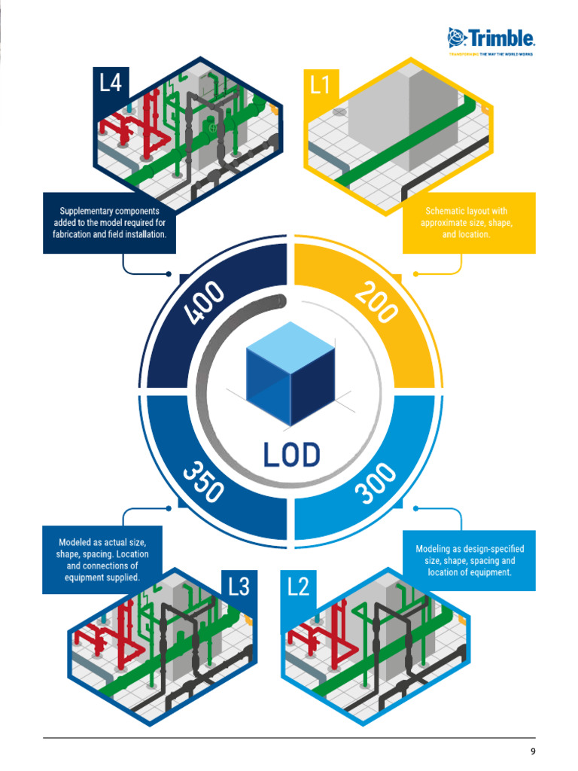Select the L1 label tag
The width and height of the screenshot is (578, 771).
pyautogui.click(x=321, y=85)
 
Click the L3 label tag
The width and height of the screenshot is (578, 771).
pyautogui.click(x=239, y=587)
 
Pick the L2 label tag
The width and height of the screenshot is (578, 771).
pyautogui.click(x=299, y=587)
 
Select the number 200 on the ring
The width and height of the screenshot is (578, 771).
pyautogui.click(x=376, y=302)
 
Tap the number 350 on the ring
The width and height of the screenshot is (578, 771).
pyautogui.click(x=202, y=481)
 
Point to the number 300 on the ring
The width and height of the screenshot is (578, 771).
pyautogui.click(x=375, y=483)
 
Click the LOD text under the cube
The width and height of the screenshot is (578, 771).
pyautogui.click(x=291, y=455)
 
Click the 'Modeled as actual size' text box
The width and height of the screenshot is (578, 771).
pyautogui.click(x=102, y=559)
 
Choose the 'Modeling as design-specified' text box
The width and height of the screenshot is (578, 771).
pyautogui.click(x=469, y=560)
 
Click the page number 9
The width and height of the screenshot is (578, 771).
pyautogui.click(x=533, y=751)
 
